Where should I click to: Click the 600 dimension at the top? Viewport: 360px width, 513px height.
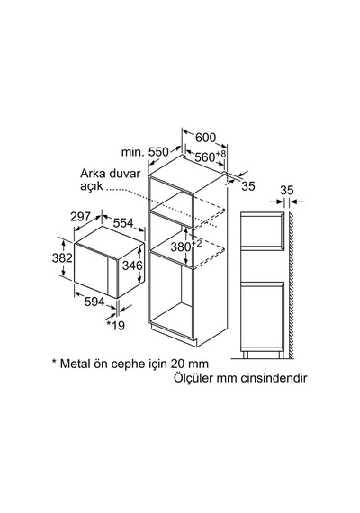pyautogui.click(x=205, y=138)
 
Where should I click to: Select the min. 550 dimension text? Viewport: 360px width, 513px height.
pyautogui.click(x=145, y=152)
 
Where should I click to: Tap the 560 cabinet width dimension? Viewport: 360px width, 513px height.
pyautogui.click(x=210, y=157)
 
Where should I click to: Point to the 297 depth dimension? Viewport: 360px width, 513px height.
pyautogui.click(x=80, y=216)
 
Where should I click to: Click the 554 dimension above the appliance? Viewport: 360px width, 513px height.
pyautogui.click(x=123, y=223)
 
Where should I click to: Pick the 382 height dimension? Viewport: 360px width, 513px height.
pyautogui.click(x=62, y=258)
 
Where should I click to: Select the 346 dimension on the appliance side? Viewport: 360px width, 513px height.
pyautogui.click(x=132, y=265)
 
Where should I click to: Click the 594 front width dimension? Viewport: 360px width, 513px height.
pyautogui.click(x=94, y=301)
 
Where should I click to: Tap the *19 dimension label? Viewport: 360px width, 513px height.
pyautogui.click(x=115, y=326)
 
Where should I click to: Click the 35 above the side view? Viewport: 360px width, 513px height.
pyautogui.click(x=287, y=191)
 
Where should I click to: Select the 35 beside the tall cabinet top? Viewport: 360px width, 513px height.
pyautogui.click(x=248, y=186)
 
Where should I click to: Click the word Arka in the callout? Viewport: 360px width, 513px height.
pyautogui.click(x=93, y=173)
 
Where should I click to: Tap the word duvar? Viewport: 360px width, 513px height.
pyautogui.click(x=125, y=173)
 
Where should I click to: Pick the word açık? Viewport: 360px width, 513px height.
pyautogui.click(x=91, y=186)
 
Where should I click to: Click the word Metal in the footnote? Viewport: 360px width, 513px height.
pyautogui.click(x=75, y=364)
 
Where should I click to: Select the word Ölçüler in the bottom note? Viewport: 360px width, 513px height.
pyautogui.click(x=193, y=378)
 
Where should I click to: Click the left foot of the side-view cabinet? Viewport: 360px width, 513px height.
pyautogui.click(x=246, y=355)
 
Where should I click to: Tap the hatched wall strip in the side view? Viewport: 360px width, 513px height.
pyautogui.click(x=291, y=285)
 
